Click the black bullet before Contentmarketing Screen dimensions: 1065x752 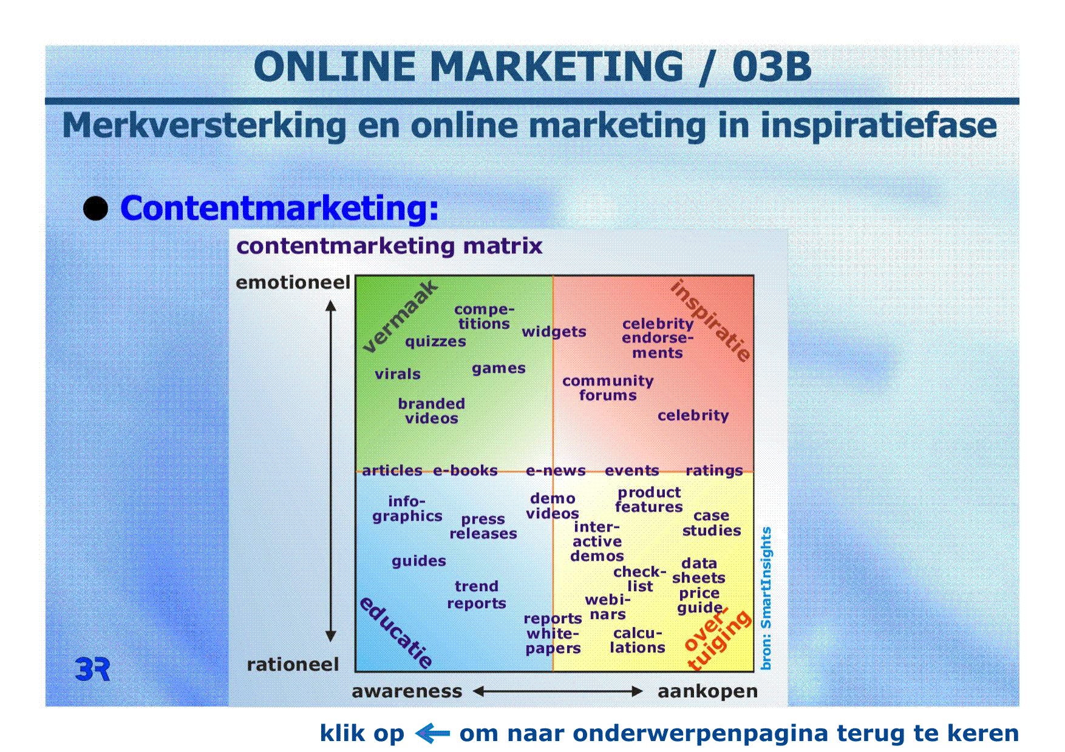tap(95, 209)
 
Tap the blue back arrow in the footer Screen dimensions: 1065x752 tap(432, 733)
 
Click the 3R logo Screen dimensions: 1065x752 tap(92, 669)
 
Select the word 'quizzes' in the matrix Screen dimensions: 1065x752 tap(435, 342)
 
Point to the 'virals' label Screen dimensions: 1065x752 tap(398, 374)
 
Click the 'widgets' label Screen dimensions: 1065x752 tap(554, 331)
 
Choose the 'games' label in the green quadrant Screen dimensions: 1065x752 tap(498, 368)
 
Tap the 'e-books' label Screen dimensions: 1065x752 tap(465, 470)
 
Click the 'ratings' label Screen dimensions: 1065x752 tap(714, 471)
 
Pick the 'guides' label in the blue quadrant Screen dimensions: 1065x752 tap(419, 561)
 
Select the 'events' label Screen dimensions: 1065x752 tap(632, 470)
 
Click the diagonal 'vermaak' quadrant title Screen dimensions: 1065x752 tap(400, 316)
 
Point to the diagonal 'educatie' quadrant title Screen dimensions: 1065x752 tap(396, 632)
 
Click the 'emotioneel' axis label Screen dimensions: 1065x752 tap(293, 282)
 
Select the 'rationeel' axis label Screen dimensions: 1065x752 tap(293, 665)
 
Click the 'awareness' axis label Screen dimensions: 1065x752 tap(407, 691)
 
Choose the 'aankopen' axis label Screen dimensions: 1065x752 tap(708, 692)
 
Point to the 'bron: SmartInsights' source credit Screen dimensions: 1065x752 tap(766, 598)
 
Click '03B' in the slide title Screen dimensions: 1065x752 tap(772, 66)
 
